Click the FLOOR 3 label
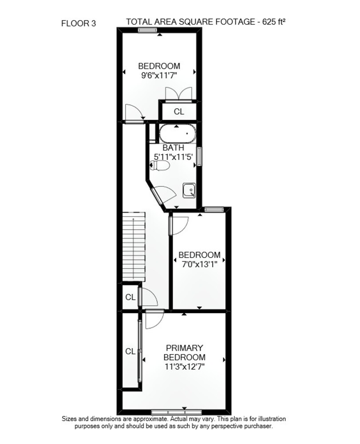tap(79, 23)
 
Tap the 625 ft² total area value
tap(274, 22)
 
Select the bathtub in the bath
tap(177, 134)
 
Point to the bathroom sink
tap(189, 190)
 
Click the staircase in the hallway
tap(134, 246)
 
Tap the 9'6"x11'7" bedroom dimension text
tap(159, 75)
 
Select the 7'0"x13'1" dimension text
tap(199, 264)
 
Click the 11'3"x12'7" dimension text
tap(185, 367)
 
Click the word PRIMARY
tap(185, 348)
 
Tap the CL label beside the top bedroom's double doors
tap(179, 111)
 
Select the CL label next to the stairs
tap(131, 297)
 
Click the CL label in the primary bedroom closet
tap(131, 351)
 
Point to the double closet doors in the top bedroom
tap(178, 95)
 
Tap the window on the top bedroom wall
tap(148, 30)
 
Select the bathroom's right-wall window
tap(199, 156)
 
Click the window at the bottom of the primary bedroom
tap(176, 412)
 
